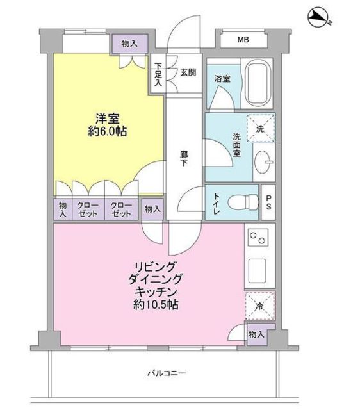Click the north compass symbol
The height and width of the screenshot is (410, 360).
pyautogui.click(x=320, y=18)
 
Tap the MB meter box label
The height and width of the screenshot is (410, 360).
pyautogui.click(x=243, y=40)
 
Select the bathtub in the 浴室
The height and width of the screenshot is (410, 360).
pyautogui.click(x=258, y=83)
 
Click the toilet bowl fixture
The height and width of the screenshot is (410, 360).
pyautogui.click(x=243, y=202)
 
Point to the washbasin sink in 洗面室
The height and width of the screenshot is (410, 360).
pyautogui.click(x=263, y=162)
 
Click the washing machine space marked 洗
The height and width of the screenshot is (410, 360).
pyautogui.click(x=261, y=128)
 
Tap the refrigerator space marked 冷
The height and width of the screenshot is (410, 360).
pyautogui.click(x=260, y=306)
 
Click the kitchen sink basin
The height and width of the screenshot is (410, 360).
pyautogui.click(x=258, y=271)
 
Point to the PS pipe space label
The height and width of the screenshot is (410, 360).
pyautogui.click(x=268, y=202)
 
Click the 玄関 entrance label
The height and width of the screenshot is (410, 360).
pyautogui.click(x=188, y=72)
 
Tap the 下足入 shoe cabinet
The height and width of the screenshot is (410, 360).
pyautogui.click(x=158, y=73)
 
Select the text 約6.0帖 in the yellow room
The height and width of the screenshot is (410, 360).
pyautogui.click(x=108, y=132)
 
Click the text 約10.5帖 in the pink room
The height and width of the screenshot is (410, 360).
pyautogui.click(x=156, y=305)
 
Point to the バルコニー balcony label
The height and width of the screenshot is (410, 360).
pyautogui.click(x=167, y=373)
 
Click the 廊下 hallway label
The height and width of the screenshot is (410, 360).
pyautogui.click(x=184, y=159)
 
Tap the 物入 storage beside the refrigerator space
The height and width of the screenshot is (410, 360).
pyautogui.click(x=256, y=334)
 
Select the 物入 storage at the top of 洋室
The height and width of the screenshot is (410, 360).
pyautogui.click(x=129, y=44)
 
